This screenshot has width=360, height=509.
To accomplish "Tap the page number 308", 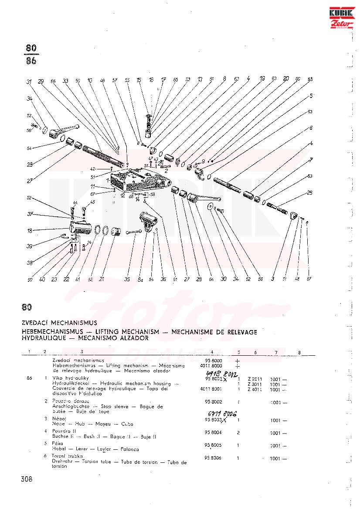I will [x=27, y=479].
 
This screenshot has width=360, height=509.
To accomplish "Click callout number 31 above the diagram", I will [x=29, y=82].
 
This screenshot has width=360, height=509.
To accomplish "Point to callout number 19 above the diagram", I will [x=262, y=79].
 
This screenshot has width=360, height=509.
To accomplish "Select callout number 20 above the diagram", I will [x=286, y=79].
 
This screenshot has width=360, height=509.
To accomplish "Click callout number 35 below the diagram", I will [x=127, y=279].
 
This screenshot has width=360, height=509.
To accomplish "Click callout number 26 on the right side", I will [x=310, y=192].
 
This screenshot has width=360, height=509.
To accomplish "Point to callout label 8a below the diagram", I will [x=140, y=280].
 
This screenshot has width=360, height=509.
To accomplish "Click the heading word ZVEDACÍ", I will [x=35, y=324].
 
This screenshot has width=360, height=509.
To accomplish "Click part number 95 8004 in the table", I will [x=214, y=433].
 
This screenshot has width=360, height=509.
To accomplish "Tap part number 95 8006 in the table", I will [x=214, y=458].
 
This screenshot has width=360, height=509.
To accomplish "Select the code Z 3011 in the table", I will [x=255, y=384].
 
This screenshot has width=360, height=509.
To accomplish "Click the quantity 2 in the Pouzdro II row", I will [x=238, y=433].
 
